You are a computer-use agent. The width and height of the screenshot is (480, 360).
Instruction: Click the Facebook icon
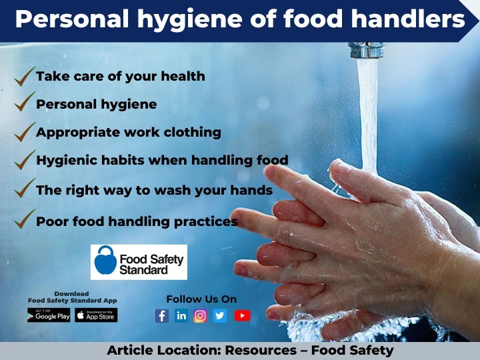click(x=162, y=316)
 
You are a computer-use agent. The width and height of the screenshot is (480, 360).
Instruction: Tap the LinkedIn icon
click(x=181, y=316)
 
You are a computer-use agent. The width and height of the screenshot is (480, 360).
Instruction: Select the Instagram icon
click(x=201, y=316)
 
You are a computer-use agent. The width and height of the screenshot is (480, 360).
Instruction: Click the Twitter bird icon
click(x=220, y=316)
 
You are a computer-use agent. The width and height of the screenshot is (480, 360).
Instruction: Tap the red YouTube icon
click(x=242, y=316)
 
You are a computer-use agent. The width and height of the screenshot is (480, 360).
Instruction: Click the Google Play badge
click(x=49, y=315)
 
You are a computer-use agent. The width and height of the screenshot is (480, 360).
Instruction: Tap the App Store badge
click(x=96, y=315)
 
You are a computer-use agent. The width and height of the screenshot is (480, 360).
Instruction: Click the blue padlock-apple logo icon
click(x=105, y=261)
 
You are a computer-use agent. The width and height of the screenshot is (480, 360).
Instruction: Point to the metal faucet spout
click(x=367, y=50)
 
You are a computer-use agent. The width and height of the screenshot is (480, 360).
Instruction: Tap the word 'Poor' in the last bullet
click(x=51, y=221)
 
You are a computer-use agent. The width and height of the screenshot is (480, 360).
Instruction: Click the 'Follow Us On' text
click(x=201, y=299)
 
